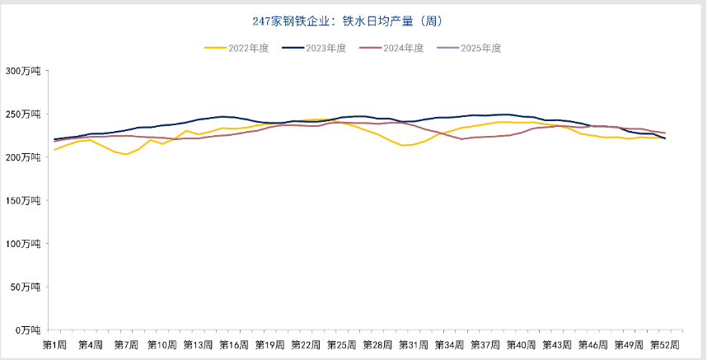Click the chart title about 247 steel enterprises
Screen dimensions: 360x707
point(353,20)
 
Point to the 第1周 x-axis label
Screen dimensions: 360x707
point(55,344)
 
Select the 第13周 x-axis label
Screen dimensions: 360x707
point(198,344)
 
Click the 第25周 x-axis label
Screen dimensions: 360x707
point(341,344)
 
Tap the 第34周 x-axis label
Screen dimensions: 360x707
point(449,344)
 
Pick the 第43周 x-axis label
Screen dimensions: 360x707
point(557,344)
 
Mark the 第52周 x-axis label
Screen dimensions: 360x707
point(664,344)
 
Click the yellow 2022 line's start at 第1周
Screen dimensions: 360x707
point(55,150)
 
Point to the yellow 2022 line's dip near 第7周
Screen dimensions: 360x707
point(127,154)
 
